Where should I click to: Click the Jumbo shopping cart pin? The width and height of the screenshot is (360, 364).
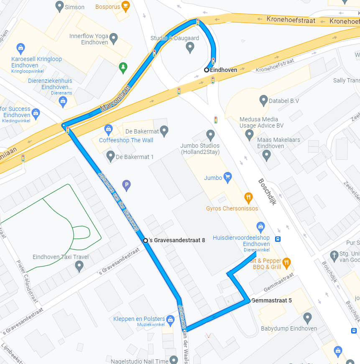(x=227, y=177)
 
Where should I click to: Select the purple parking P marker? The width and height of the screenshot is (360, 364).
(x=126, y=184)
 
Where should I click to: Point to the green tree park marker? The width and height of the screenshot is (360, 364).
(x=123, y=67)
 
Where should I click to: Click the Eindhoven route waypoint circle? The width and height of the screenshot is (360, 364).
(x=207, y=70)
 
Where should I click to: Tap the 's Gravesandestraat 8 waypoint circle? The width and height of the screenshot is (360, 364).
(x=146, y=241)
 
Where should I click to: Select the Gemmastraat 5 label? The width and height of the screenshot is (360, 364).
(x=272, y=300)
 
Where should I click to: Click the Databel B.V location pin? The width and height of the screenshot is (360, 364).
(x=263, y=100)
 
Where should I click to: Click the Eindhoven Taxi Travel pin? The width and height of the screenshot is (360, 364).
(x=79, y=267)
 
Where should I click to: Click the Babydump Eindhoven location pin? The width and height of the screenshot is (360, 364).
(x=308, y=318)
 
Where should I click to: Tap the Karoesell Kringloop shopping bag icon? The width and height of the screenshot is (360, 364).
(x=20, y=48)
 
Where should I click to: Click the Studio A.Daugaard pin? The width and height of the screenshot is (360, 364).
(x=190, y=47)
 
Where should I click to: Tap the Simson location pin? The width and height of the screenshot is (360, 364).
(x=59, y=7)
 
